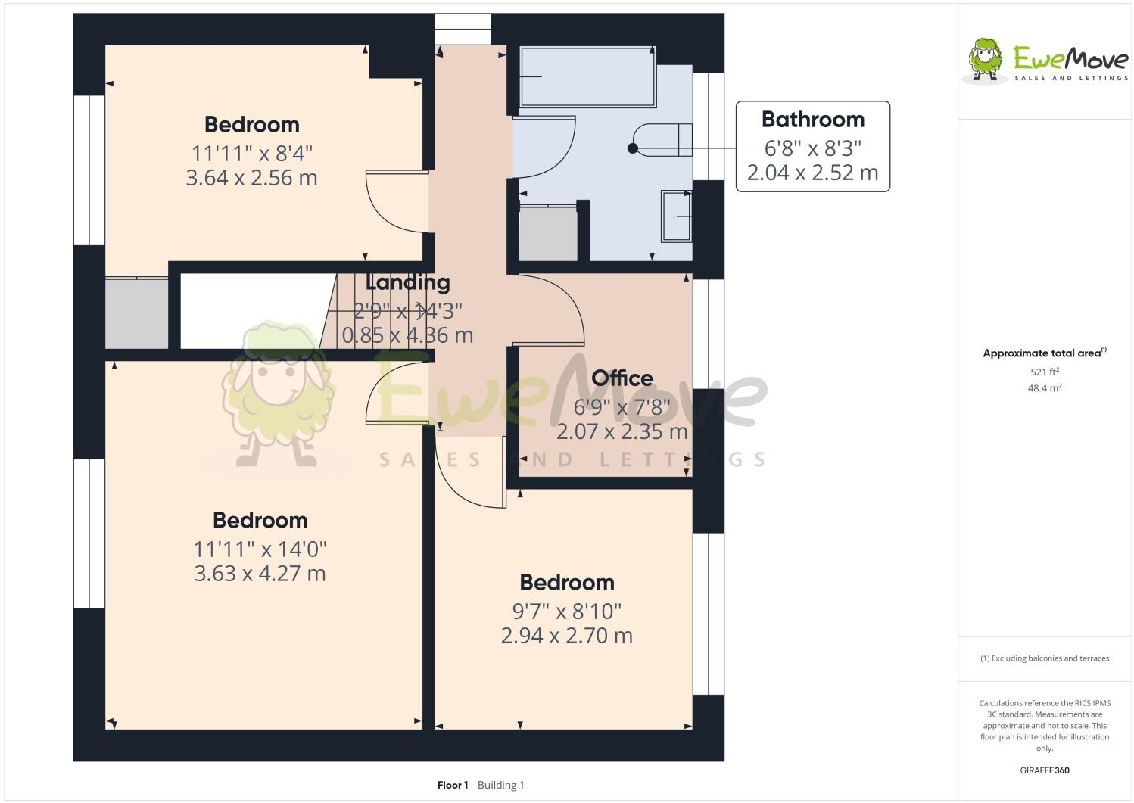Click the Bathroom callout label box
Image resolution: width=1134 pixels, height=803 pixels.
pyautogui.click(x=812, y=146)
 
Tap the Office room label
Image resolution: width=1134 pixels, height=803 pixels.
pyautogui.click(x=622, y=378)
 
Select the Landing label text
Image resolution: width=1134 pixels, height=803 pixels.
pyautogui.click(x=407, y=282)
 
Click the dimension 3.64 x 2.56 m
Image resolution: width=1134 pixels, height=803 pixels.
pyautogui.click(x=251, y=178)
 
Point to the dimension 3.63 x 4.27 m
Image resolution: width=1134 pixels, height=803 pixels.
pyautogui.click(x=260, y=573)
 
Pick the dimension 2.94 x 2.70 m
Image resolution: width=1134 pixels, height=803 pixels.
pyautogui.click(x=566, y=635)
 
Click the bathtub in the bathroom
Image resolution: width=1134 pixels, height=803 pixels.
pyautogui.click(x=587, y=76)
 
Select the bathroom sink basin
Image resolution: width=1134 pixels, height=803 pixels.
pyautogui.click(x=677, y=216)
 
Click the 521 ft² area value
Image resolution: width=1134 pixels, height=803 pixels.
pyautogui.click(x=1044, y=372)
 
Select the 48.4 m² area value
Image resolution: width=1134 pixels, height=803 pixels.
pyautogui.click(x=1044, y=388)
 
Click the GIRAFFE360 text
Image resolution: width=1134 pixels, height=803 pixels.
pyautogui.click(x=1045, y=770)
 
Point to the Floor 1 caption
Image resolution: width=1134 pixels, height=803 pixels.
pyautogui.click(x=453, y=785)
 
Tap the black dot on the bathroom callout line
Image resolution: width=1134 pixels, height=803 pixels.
pyautogui.click(x=632, y=148)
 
